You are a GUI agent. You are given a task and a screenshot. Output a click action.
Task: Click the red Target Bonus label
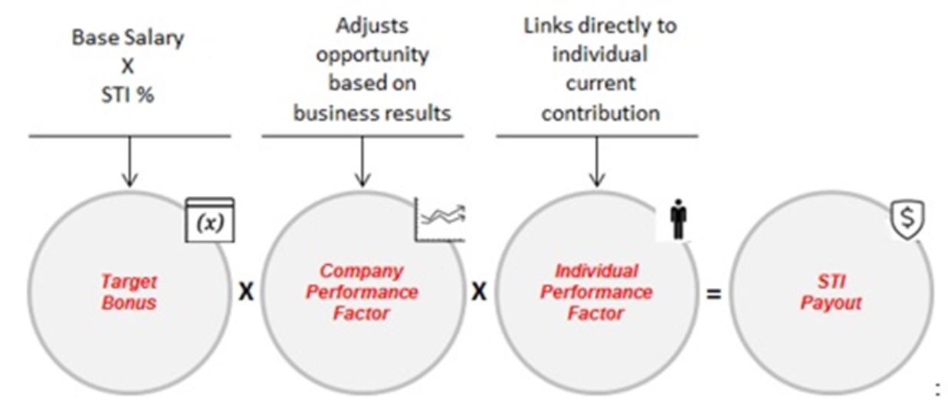coord(129,292)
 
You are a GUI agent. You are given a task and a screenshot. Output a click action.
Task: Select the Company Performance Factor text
coord(362,292)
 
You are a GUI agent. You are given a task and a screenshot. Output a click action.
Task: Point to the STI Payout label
coord(831,292)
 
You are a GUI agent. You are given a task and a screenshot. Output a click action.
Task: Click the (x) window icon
coord(209,220)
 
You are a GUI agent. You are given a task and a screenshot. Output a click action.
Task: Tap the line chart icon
coord(441,219)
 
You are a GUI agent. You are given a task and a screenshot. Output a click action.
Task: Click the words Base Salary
coord(126,38)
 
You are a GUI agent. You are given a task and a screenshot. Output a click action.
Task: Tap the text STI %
coord(127,94)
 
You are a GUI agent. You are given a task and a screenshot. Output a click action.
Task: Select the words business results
coord(372,113)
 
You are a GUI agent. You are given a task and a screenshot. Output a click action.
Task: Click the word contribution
coord(600,113)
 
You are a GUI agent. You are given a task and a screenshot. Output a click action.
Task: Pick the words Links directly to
coord(600,25)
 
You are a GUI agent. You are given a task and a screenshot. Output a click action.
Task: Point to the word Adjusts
coord(372,25)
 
